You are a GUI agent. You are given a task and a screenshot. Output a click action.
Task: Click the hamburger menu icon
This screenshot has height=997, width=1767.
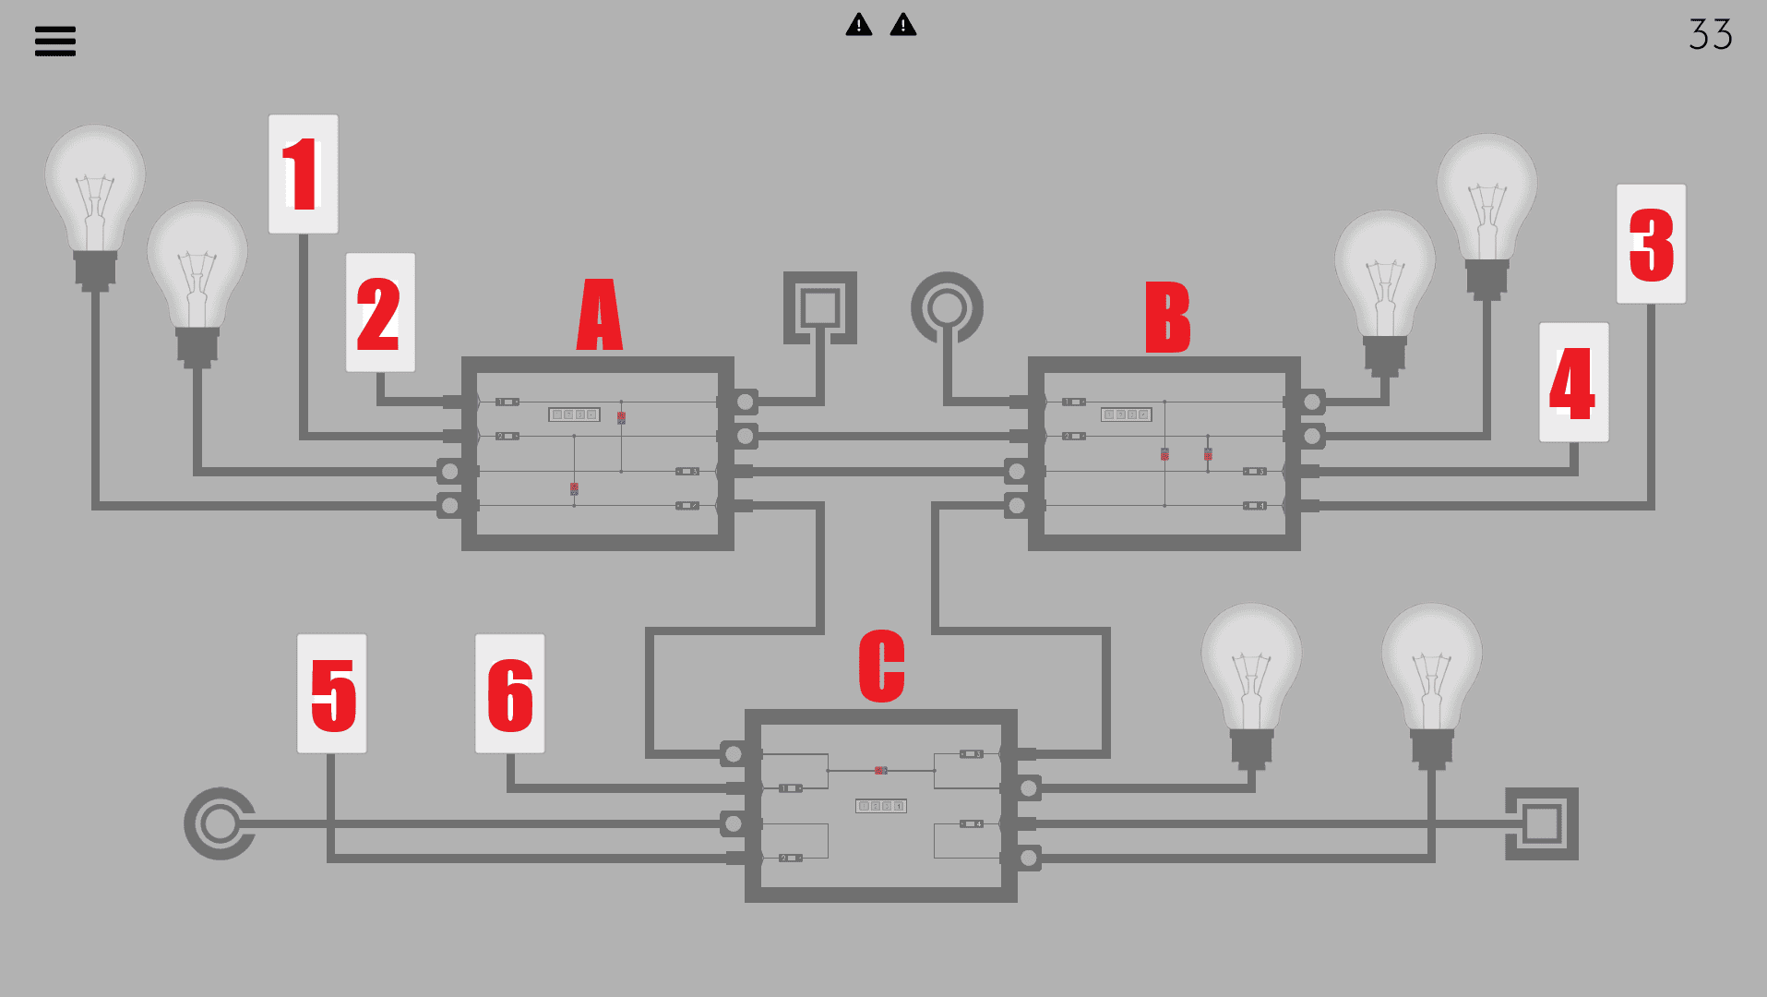pos(55,41)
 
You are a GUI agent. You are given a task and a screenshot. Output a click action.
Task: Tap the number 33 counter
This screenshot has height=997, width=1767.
pos(1710,35)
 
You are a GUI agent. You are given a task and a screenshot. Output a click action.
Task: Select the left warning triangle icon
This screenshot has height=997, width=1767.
pos(859,25)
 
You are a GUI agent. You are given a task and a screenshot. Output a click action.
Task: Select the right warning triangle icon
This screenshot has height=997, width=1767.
pos(903,25)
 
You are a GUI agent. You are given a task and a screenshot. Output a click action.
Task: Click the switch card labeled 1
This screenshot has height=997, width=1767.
pos(303,174)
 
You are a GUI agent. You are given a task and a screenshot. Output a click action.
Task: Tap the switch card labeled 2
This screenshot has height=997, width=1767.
pos(380,313)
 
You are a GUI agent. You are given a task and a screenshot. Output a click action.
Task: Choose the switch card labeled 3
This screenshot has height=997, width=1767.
pos(1651,244)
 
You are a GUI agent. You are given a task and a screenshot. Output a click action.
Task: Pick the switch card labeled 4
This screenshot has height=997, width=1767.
pos(1573,382)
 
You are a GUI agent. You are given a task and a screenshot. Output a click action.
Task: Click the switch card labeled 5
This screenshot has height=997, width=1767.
pos(332,693)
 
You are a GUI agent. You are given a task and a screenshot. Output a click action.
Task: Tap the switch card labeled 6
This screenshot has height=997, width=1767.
pos(510,693)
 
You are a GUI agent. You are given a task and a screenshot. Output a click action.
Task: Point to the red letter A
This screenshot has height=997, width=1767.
pos(600,315)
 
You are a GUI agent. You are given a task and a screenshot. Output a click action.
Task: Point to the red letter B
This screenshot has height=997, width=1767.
pos(1167,317)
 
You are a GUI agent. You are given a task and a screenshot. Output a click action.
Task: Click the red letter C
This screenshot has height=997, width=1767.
pos(881,666)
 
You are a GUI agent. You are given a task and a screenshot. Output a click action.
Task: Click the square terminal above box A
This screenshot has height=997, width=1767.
pos(819,307)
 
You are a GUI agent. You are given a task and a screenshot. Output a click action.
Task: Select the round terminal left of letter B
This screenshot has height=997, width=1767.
pos(947,307)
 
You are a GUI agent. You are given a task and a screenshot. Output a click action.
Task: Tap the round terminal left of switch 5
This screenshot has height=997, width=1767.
pos(220,823)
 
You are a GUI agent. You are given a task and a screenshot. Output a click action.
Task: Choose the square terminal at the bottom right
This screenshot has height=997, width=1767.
pos(1542,823)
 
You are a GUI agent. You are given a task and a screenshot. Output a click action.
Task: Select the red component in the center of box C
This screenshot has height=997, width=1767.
pos(880,770)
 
